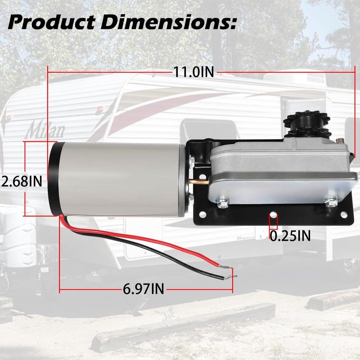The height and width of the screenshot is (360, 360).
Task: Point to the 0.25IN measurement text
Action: pos(290,235)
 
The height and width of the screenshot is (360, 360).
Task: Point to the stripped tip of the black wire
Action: pos(230,278)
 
